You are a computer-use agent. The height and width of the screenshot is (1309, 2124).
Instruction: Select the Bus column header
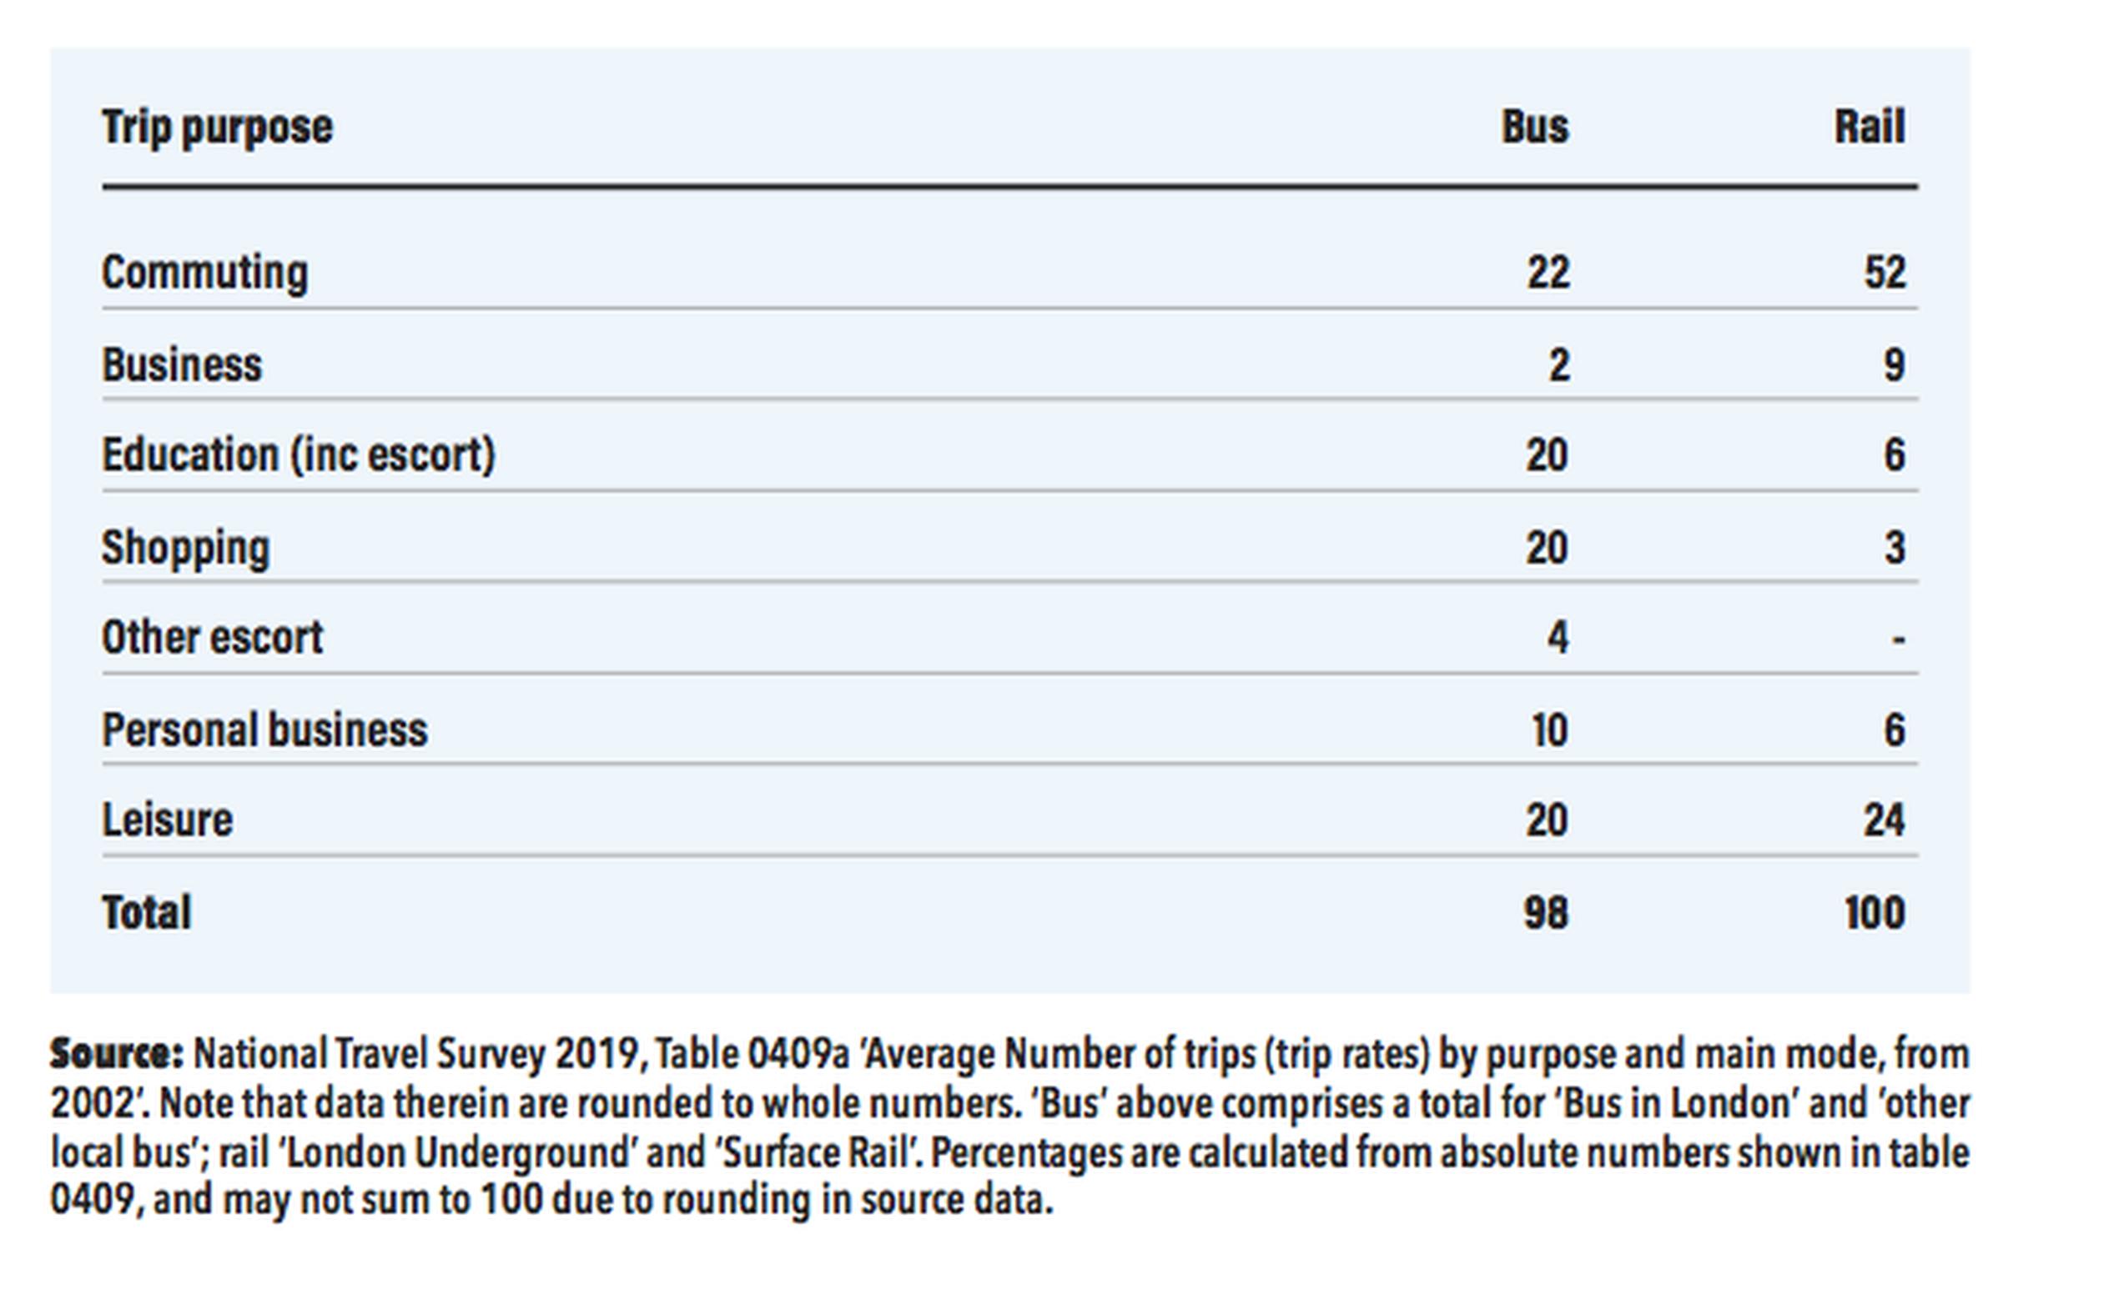1535,128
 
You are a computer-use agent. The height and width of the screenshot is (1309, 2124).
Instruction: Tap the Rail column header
1870,128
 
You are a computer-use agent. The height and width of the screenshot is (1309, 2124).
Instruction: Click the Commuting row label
204,273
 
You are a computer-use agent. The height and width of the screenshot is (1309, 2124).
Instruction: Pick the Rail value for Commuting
1885,273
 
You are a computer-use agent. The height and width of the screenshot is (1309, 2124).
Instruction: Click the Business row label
182,364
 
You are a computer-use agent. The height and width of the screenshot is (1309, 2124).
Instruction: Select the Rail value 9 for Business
1895,364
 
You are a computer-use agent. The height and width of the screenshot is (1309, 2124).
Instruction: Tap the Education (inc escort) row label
298,455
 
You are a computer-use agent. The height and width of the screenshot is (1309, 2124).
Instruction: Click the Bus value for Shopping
1547,548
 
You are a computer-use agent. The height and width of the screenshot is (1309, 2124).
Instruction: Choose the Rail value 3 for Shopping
1895,548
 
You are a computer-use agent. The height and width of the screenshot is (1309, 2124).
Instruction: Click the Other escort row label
212,638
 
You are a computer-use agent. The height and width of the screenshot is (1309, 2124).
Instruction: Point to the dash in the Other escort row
1898,640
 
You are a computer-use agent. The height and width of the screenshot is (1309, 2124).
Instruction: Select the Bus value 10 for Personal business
1550,730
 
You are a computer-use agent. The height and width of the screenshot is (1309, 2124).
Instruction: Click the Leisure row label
167,820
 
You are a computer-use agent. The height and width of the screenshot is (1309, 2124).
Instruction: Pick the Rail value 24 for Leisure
1884,820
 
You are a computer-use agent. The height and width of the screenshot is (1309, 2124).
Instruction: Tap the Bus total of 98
1546,912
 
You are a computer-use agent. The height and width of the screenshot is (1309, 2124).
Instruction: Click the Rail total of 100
1875,912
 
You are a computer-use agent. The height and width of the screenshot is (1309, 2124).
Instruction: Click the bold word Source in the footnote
117,1054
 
